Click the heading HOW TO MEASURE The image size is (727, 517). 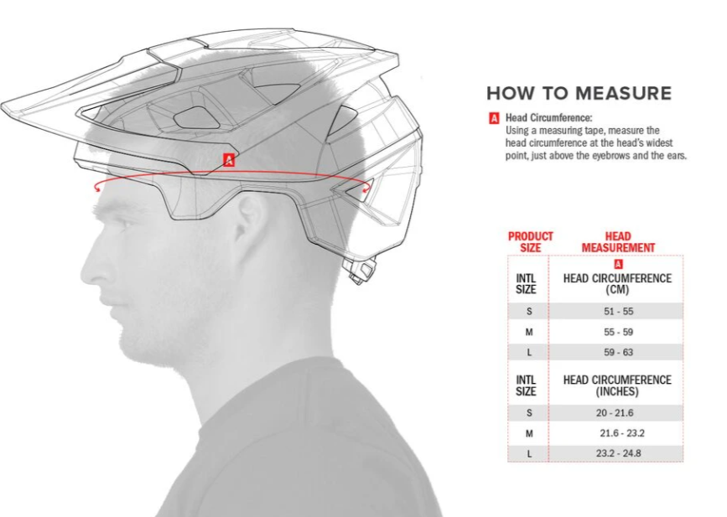pos(579,94)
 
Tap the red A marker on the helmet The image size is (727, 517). pos(229,160)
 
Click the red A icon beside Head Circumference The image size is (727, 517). pos(494,118)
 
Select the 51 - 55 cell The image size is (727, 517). pos(619,312)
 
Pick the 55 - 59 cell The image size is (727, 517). pos(619,332)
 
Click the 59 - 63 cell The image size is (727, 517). pos(619,353)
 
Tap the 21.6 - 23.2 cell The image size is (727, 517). pos(622,433)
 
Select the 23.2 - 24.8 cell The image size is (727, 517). pos(619,453)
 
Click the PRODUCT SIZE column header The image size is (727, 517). pos(531,242)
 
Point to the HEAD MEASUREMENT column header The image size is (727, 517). pos(618,242)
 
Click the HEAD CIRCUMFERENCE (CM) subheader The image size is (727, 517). pos(617,284)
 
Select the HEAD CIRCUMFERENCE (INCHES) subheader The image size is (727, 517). pos(617,386)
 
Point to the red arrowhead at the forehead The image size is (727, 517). pos(97,187)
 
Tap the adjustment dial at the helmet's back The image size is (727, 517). pos(358,270)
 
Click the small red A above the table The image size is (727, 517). pos(618,264)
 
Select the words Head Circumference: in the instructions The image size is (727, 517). pos(549,118)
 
